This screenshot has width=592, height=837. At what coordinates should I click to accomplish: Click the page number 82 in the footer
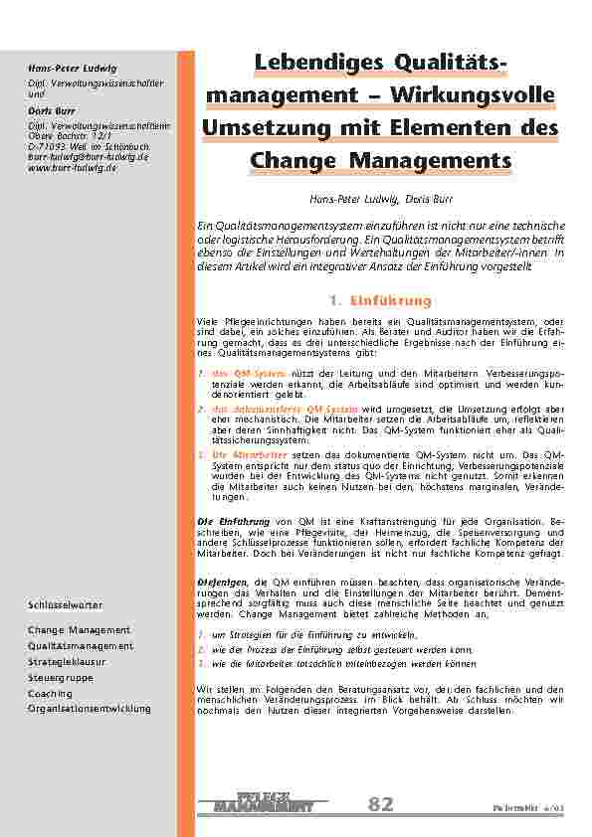point(380,803)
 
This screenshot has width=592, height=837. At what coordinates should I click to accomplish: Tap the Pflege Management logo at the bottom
point(264,802)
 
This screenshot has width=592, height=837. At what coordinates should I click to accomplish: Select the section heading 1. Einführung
point(379,300)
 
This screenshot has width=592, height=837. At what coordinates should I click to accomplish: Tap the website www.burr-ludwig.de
point(73,168)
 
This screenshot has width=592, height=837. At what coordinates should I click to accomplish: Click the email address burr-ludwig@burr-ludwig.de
point(88,157)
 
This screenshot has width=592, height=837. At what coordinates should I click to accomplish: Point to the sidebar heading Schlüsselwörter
point(65,604)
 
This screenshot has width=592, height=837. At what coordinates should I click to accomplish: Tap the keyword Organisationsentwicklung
point(90,708)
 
